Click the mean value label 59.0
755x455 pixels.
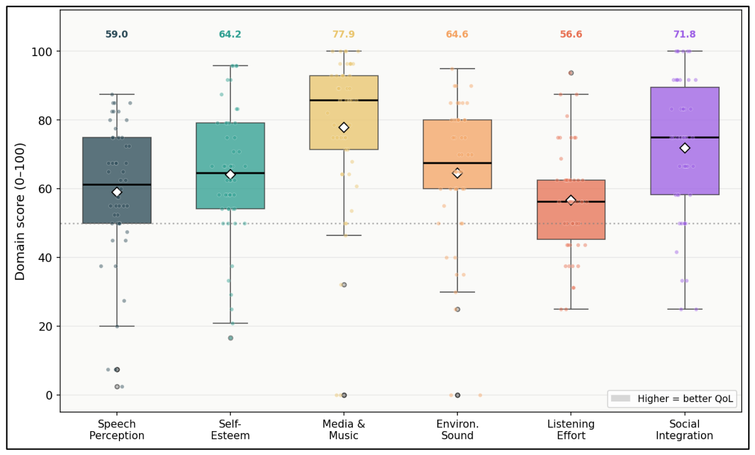coord(116,34)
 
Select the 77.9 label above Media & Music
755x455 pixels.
coord(344,34)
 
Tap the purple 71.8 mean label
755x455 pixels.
coord(685,34)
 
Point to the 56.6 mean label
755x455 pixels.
coord(571,34)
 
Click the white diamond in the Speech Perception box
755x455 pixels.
coord(116,192)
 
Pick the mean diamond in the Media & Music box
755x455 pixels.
coord(344,127)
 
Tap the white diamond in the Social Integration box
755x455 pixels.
coord(685,148)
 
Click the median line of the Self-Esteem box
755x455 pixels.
coord(230,173)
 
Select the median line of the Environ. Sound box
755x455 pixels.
coord(457,163)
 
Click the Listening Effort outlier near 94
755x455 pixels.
coord(571,73)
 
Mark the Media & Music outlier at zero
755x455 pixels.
coord(344,395)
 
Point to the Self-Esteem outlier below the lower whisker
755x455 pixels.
coord(230,338)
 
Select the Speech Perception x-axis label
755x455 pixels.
coord(116,430)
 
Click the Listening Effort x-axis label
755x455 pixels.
coord(571,430)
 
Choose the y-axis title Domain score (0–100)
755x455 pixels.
coord(20,211)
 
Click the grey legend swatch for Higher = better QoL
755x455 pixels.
coord(620,398)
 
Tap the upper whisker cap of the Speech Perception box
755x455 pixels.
coord(116,94)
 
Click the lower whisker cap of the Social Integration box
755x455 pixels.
coord(685,309)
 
